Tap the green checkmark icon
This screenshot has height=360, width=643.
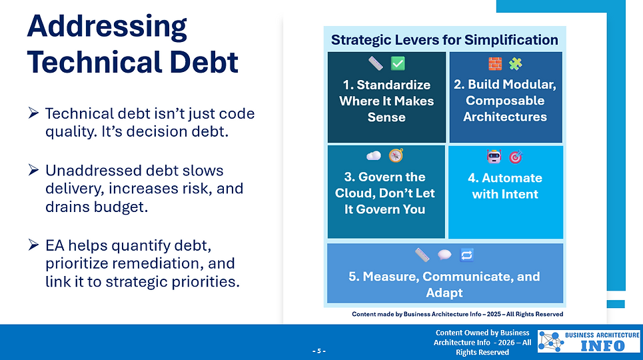pyautogui.click(x=398, y=64)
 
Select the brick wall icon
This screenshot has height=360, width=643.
pyautogui.click(x=494, y=64)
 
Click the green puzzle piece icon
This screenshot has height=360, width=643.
pyautogui.click(x=516, y=64)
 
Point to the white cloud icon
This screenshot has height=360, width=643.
pyautogui.click(x=374, y=156)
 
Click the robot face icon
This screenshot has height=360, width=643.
pyautogui.click(x=494, y=157)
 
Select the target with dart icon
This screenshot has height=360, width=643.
pyautogui.click(x=516, y=157)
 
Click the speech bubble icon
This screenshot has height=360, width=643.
pyautogui.click(x=444, y=255)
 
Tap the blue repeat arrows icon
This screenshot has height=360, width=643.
pyautogui.click(x=466, y=255)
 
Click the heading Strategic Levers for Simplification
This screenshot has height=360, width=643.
pyautogui.click(x=444, y=40)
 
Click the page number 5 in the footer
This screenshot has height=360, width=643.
pyautogui.click(x=319, y=351)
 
